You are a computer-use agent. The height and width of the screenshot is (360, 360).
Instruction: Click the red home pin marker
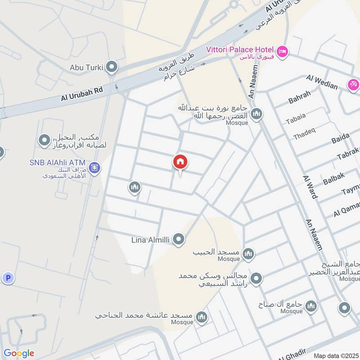click(x=180, y=162)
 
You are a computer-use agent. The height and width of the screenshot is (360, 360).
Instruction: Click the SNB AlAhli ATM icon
click(x=94, y=168)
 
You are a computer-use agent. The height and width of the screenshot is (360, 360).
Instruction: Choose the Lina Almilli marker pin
click(x=179, y=239)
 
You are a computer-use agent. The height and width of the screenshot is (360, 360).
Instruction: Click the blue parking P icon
click(x=8, y=278)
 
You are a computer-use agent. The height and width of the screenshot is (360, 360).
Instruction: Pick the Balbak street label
click(x=333, y=179)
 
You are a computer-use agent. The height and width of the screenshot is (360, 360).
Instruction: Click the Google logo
click(x=18, y=353)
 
